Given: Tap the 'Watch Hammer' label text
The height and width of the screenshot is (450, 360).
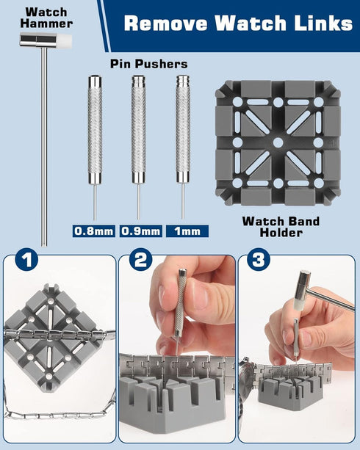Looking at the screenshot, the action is pos(46,18).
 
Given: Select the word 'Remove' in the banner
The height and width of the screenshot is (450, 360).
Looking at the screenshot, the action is pos(166,23).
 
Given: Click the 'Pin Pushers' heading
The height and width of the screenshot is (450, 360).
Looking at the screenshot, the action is pos(149,64).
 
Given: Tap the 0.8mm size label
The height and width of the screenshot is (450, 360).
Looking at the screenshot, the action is pos(94,231).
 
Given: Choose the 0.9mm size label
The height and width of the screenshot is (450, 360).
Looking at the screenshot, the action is pos(141,231).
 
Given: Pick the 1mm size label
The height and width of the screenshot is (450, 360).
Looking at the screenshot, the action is pos(187,231).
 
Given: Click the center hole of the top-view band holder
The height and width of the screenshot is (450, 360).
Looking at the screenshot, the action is pos(278,142).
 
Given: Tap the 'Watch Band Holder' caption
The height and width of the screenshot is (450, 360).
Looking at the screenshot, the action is pos(281,227).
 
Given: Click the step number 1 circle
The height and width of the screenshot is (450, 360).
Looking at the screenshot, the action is pos(26,260).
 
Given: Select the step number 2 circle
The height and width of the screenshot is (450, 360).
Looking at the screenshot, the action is pos(140,260).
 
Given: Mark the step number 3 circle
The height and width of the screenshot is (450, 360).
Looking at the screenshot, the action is pos(259,260).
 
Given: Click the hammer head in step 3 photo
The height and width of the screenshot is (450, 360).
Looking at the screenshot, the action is pos(302,289).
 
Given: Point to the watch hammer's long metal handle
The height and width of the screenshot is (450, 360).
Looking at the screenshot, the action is pos(43,146).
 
